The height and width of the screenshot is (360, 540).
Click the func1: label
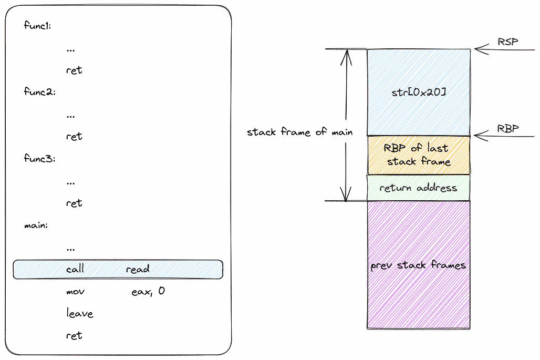tap(37, 26)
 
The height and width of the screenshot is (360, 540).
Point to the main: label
tap(36, 225)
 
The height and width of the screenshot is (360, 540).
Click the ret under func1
tap(74, 70)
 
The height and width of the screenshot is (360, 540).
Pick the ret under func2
tap(74, 137)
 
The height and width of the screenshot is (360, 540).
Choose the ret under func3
tap(74, 203)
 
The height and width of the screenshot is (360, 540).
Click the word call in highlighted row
tap(75, 269)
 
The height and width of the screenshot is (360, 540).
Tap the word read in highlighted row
tap(138, 269)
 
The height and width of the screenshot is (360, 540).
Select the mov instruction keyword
tap(75, 291)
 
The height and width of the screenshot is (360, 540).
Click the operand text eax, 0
tap(148, 291)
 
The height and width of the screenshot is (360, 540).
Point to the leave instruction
tap(80, 314)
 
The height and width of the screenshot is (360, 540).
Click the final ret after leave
tap(74, 336)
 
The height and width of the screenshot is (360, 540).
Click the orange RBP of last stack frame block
tap(418, 155)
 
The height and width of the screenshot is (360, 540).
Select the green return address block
tap(418, 188)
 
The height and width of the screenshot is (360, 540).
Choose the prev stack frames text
tap(418, 265)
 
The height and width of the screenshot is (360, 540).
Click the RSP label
tap(508, 42)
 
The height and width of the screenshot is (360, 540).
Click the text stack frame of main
tap(299, 132)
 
